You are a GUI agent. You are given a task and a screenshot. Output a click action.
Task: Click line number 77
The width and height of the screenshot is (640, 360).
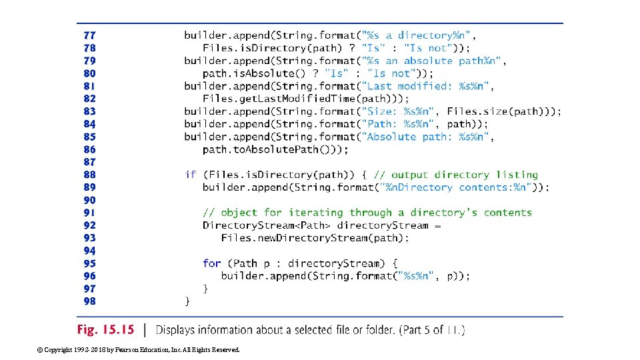89,35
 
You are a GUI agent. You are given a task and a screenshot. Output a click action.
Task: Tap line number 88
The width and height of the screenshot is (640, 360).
89,175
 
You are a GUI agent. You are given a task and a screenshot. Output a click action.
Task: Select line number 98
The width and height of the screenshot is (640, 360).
89,301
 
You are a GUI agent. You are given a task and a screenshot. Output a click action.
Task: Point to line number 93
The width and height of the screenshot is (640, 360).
89,238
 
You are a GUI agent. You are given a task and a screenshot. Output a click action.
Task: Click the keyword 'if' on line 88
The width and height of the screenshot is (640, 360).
191,175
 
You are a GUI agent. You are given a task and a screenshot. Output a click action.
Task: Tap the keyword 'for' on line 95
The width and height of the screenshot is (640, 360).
212,263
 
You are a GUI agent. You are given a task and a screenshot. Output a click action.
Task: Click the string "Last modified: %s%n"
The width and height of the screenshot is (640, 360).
424,86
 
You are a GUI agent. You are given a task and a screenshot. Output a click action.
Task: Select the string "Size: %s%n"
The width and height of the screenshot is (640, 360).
397,111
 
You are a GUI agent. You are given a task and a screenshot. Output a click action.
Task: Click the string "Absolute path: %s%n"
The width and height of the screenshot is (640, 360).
424,137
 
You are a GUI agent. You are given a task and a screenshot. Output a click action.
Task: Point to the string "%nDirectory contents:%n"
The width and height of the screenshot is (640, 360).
453,187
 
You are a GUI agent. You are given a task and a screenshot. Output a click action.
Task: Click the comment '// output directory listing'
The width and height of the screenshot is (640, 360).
458,175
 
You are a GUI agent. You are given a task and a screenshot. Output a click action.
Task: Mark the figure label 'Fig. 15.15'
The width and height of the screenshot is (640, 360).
105,329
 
